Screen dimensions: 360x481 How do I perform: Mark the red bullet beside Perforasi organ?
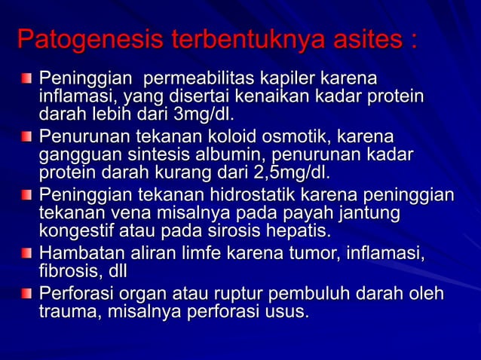[x=27, y=292]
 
